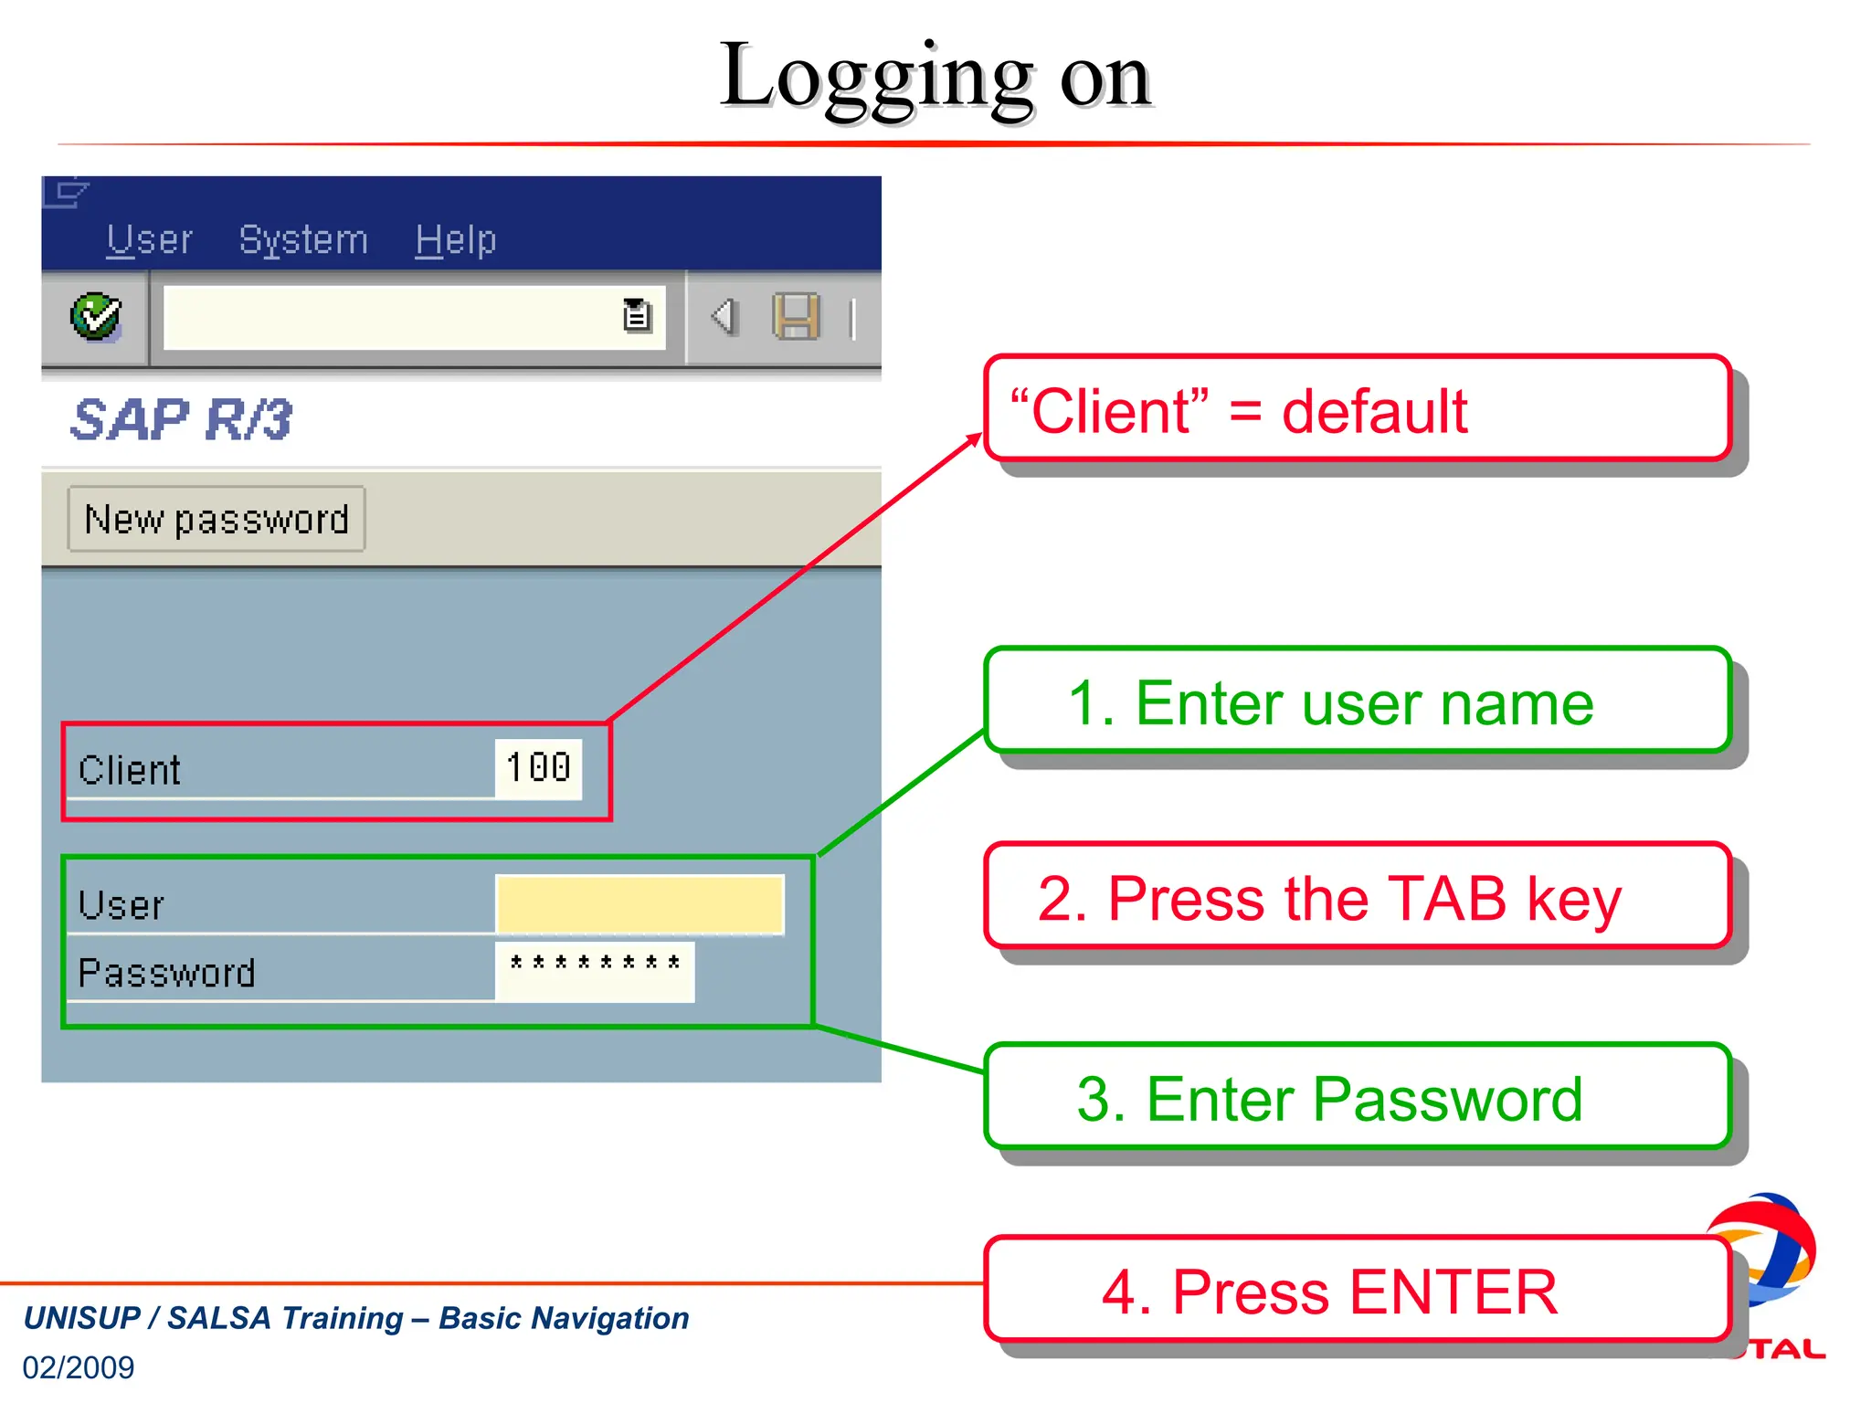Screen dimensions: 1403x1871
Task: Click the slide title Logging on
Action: point(935,78)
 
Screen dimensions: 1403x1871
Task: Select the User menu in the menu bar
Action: point(149,240)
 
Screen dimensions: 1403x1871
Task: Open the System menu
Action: point(303,240)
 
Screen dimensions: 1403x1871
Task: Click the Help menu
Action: point(456,240)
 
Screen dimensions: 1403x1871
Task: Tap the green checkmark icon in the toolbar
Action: point(96,317)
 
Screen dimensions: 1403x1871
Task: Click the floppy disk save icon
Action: point(796,317)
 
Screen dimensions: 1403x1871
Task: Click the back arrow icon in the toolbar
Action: point(724,317)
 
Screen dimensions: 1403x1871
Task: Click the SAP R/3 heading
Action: point(181,420)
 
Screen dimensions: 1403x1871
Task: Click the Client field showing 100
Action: point(538,768)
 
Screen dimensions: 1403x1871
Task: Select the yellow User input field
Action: point(640,904)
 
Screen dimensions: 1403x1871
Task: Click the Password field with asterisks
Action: point(595,971)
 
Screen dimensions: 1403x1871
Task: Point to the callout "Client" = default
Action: point(1358,409)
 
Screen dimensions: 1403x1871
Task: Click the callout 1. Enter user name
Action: point(1358,701)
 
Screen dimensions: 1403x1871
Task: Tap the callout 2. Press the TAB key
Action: point(1358,897)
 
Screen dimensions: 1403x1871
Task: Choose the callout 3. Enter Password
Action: point(1358,1097)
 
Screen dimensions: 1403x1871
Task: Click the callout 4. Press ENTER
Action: point(1358,1291)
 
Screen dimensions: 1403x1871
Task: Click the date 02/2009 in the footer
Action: point(79,1367)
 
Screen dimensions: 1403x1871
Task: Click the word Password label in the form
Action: point(166,973)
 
